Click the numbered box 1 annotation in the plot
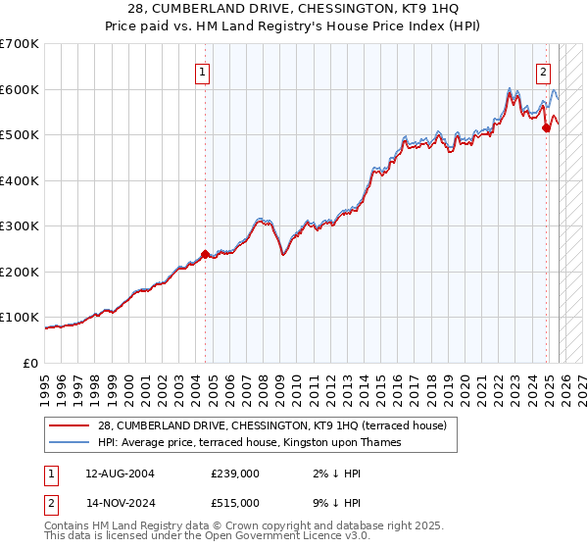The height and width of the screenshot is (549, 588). coord(202,71)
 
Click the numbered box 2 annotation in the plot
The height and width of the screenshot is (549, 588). coord(543,71)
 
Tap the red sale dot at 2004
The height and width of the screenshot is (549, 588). coord(205,254)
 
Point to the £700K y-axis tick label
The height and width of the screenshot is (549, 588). coord(20,44)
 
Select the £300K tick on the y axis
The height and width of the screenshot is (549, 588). coord(20,226)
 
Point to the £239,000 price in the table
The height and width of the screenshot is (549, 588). coord(235,474)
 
